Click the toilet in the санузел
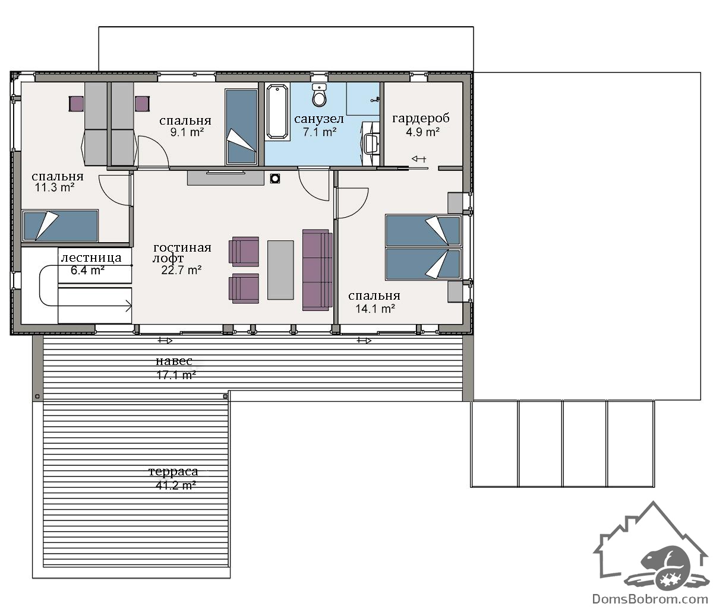click(320, 94)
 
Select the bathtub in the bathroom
click(277, 112)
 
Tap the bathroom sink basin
click(371, 144)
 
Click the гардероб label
click(421, 118)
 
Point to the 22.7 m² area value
click(181, 270)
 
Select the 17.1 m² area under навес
click(176, 374)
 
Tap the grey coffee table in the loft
click(280, 270)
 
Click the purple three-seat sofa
click(317, 270)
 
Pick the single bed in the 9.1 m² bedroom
click(241, 126)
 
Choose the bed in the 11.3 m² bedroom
click(61, 226)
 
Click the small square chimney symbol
click(275, 179)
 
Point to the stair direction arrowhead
click(128, 306)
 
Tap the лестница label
click(91, 258)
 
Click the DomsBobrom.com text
click(650, 599)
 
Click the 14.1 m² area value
click(375, 309)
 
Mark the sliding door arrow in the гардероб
click(419, 159)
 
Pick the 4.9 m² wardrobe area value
click(422, 132)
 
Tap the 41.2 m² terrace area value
click(176, 485)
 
